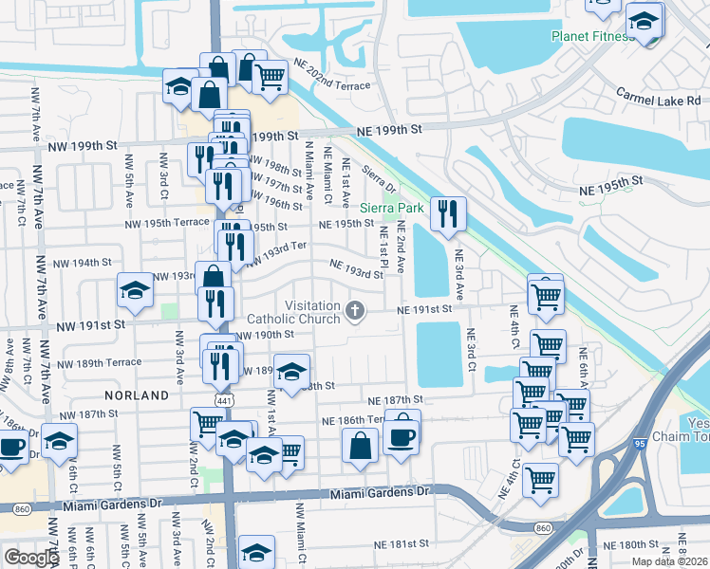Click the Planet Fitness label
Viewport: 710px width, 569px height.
pos(592,37)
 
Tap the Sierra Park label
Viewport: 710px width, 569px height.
pos(392,208)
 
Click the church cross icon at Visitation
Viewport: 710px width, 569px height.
pos(356,310)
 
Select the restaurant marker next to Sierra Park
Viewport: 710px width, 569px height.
pos(448,213)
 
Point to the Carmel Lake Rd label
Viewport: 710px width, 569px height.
pos(658,98)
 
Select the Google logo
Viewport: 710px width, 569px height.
pos(30,557)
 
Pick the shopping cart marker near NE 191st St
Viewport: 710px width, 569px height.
pos(546,296)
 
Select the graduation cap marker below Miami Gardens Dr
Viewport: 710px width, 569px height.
pos(256,551)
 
